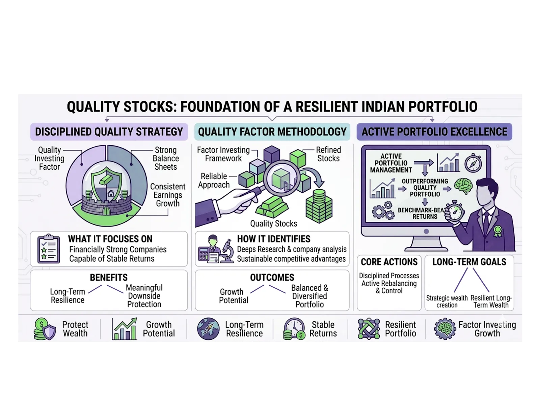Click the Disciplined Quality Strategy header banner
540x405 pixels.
click(x=109, y=132)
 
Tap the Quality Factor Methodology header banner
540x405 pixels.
click(x=272, y=132)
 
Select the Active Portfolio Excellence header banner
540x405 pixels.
click(x=434, y=132)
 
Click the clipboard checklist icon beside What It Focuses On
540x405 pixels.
click(x=49, y=249)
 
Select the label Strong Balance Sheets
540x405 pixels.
click(x=165, y=158)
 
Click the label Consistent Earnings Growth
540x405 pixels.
click(x=168, y=195)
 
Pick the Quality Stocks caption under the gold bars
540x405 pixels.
click(x=273, y=223)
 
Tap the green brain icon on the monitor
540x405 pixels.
click(x=463, y=186)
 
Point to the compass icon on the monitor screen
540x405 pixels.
click(x=473, y=163)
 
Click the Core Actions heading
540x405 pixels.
click(x=389, y=262)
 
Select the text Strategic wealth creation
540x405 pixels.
click(x=447, y=302)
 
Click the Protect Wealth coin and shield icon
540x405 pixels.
click(x=45, y=329)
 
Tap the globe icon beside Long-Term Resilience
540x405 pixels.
click(x=208, y=329)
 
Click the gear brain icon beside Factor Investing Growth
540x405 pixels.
click(x=444, y=329)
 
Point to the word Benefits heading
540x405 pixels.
click(x=109, y=278)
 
